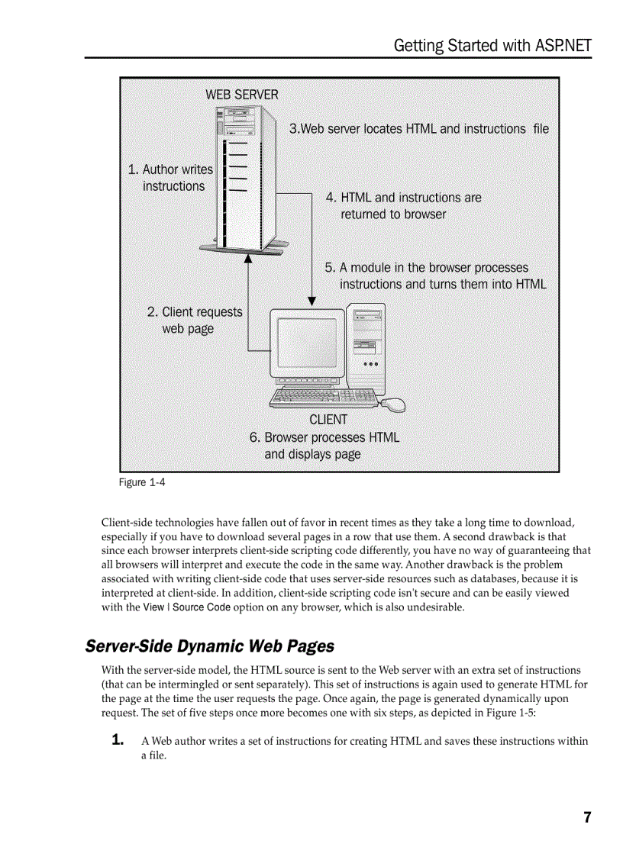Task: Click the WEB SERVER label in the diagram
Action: click(x=242, y=95)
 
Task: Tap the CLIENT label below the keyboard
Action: click(x=328, y=420)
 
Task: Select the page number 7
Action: click(x=587, y=817)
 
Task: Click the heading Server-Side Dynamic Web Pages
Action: click(x=209, y=646)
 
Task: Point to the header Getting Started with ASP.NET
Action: click(x=492, y=45)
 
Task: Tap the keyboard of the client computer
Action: click(x=324, y=396)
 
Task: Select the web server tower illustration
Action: click(x=241, y=181)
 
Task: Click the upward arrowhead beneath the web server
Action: click(x=248, y=260)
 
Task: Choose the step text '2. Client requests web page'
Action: click(x=194, y=321)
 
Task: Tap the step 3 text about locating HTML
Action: click(x=418, y=129)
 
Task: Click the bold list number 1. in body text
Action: click(x=118, y=740)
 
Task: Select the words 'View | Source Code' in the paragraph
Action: click(x=187, y=607)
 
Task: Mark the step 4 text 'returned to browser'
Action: click(x=393, y=214)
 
